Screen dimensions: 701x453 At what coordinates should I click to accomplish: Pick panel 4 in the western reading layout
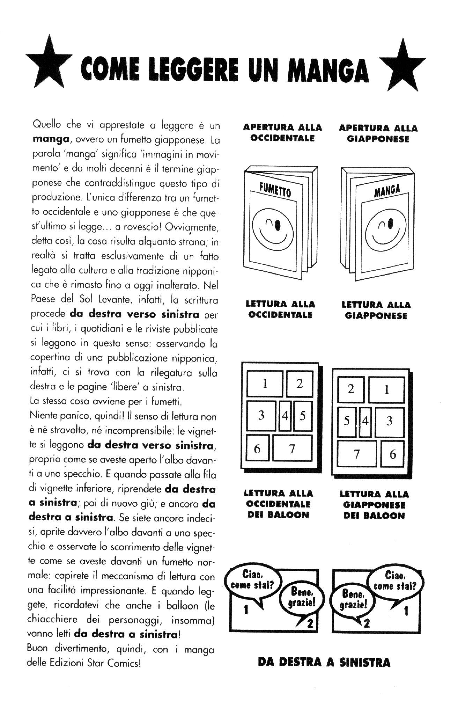(x=285, y=416)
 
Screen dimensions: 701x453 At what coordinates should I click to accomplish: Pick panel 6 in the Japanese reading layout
(x=392, y=454)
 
